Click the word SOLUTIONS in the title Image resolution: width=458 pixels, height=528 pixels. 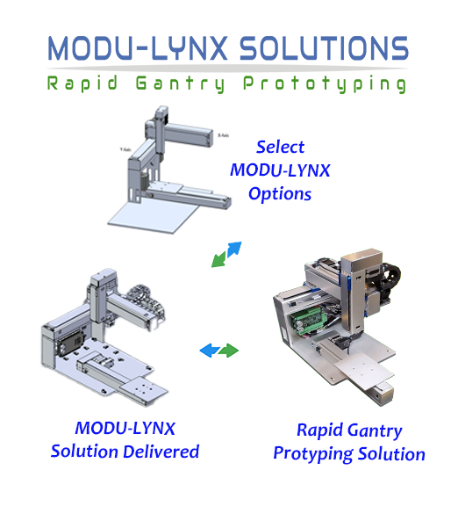[324, 48]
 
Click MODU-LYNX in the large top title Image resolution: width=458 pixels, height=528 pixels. [138, 48]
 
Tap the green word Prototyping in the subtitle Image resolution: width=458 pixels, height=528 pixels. [325, 83]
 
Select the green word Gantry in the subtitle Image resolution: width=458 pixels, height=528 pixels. [180, 83]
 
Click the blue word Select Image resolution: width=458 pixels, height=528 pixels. [280, 147]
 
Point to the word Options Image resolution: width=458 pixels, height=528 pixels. [280, 194]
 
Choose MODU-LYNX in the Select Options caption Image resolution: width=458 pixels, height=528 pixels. [280, 170]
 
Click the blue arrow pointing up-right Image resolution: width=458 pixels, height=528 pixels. [235, 249]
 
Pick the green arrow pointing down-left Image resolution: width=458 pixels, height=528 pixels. [218, 260]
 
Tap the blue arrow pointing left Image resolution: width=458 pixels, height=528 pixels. [209, 351]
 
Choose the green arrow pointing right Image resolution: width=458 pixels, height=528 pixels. [229, 351]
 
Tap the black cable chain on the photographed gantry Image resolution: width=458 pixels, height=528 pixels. [390, 279]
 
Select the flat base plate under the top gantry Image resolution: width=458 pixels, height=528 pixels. [154, 216]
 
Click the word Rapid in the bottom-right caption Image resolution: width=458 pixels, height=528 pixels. [319, 430]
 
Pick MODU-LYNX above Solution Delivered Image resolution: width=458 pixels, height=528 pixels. [125, 429]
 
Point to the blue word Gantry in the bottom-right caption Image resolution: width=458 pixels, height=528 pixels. [375, 431]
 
